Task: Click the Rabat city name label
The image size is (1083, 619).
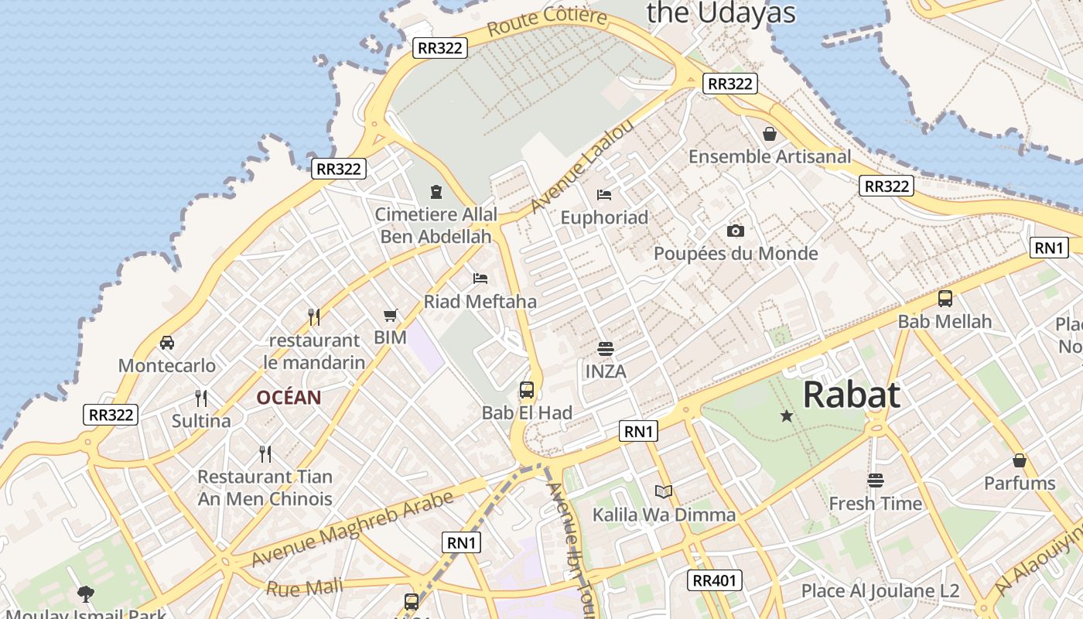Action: pos(851,395)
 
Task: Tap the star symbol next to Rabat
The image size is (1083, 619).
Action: pos(787,416)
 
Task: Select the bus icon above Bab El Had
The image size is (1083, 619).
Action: pos(527,389)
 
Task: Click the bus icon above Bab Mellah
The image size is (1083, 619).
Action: pos(945,298)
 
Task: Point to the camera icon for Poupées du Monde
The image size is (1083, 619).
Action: pos(735,231)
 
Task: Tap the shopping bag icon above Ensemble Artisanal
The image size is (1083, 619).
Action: pos(770,134)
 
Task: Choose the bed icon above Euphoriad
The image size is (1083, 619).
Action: pos(604,194)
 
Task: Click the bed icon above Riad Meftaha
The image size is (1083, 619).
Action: pos(480,278)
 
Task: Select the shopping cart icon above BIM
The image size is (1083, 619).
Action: pos(390,315)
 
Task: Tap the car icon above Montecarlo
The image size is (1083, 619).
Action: pos(166,342)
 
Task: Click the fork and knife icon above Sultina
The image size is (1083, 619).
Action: pos(201,398)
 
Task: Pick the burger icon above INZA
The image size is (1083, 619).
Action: pos(605,348)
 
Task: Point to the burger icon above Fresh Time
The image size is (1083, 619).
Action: pos(875,480)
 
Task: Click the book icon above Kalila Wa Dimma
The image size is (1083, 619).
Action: pos(664,491)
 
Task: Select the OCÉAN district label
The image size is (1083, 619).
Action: pos(289,398)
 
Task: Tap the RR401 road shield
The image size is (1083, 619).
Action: pos(715,580)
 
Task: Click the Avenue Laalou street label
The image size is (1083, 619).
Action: pos(582,166)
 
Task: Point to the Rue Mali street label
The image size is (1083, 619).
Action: pos(304,587)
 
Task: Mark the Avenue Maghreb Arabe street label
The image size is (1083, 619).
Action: pos(353,530)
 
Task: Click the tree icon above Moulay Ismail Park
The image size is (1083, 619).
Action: pos(86,593)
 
